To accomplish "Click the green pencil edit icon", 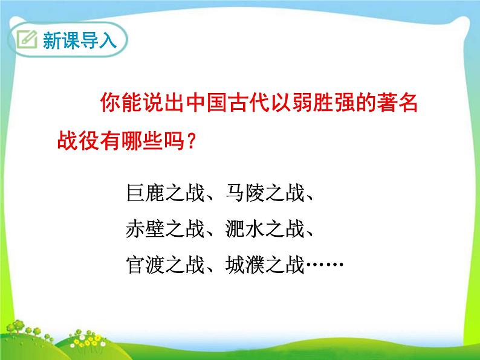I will (x=27, y=41).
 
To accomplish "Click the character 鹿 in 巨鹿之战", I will (x=155, y=194).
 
